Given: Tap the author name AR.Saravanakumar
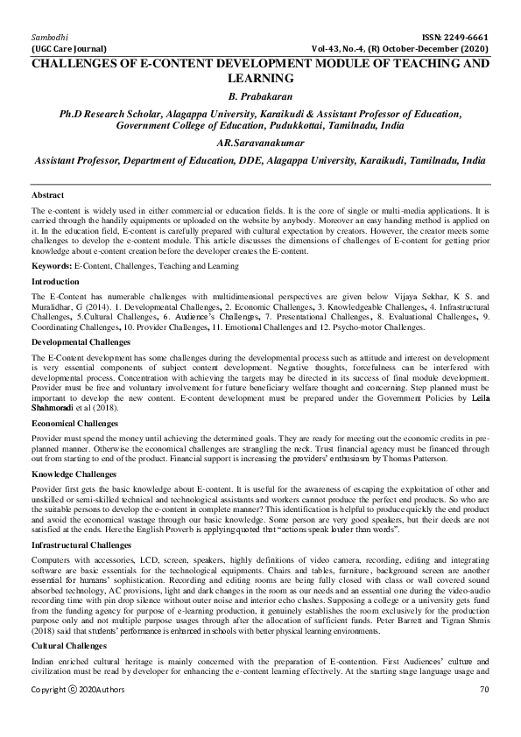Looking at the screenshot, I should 259,144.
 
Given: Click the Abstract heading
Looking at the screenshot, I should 47,194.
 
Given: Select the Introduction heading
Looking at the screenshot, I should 56,257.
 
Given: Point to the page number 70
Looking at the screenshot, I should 483,715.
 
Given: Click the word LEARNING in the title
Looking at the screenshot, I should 259,78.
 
